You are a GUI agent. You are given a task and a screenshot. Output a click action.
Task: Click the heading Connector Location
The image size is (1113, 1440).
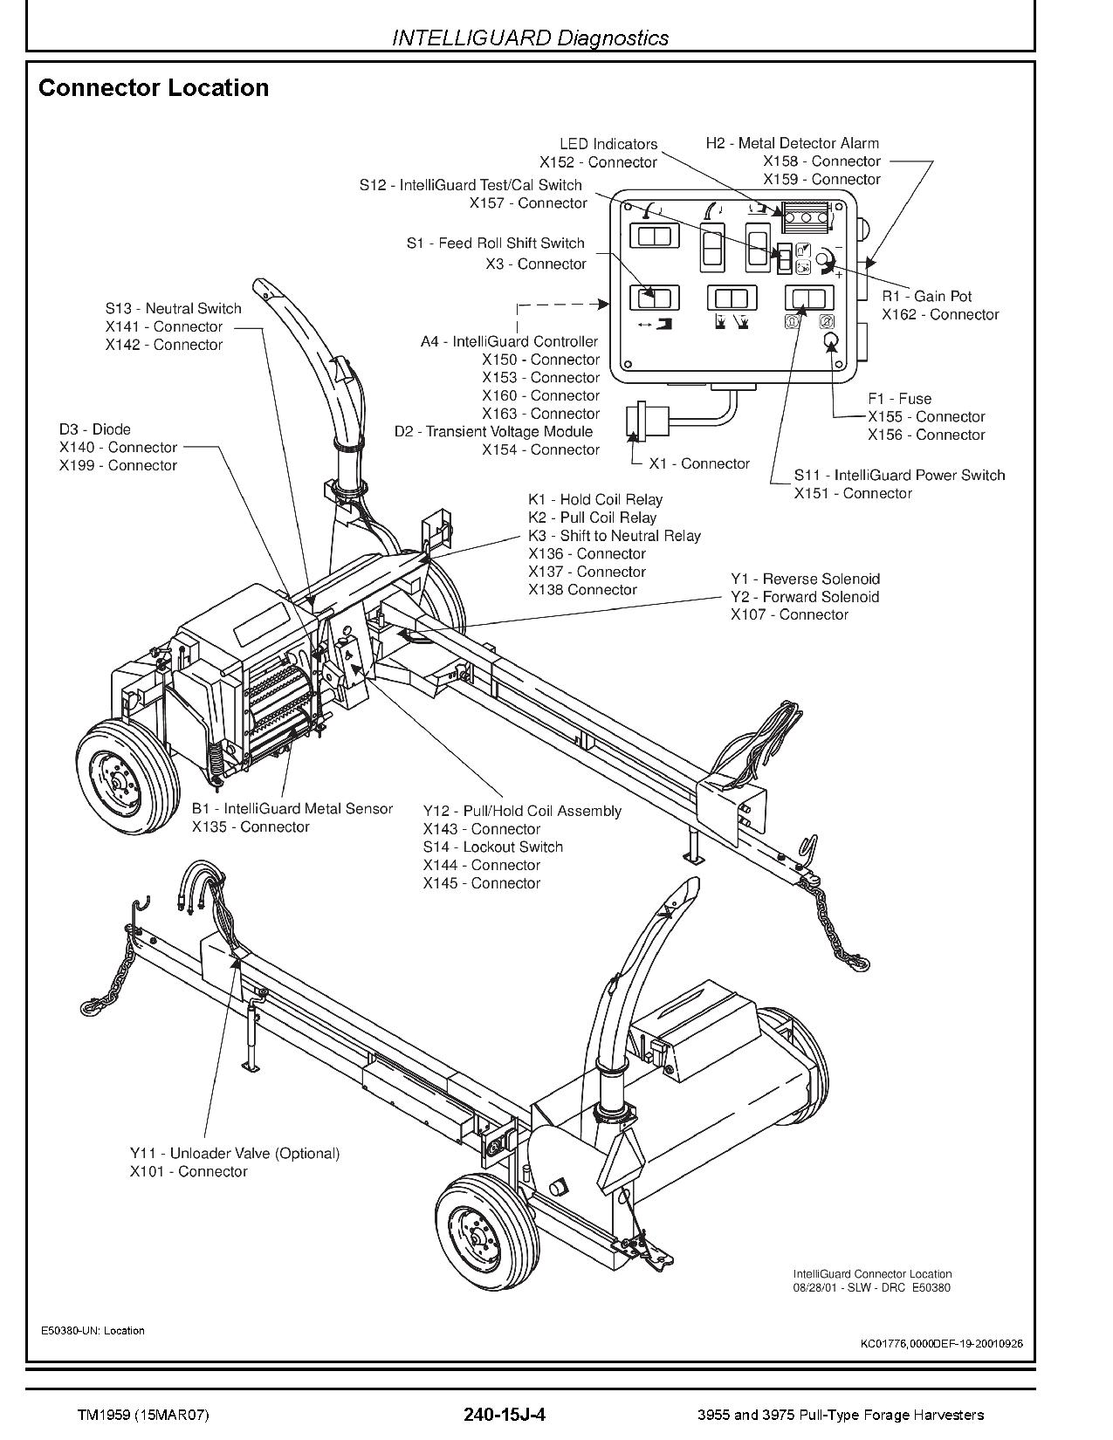click(x=154, y=88)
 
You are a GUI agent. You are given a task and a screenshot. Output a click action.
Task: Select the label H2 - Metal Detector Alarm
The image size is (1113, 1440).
click(x=792, y=143)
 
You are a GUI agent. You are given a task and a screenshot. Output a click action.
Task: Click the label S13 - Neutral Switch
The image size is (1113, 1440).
click(x=173, y=308)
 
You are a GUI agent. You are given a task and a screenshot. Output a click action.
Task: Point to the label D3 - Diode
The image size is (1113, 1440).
click(x=95, y=429)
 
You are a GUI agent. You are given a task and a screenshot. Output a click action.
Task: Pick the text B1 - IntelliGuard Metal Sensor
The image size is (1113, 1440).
click(x=292, y=809)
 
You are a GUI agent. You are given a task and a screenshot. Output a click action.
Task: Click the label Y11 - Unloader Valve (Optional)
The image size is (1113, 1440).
click(x=234, y=1153)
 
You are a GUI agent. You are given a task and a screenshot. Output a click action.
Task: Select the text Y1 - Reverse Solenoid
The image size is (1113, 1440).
click(x=805, y=579)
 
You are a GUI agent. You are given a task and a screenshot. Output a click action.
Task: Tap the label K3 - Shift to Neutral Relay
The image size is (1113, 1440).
click(x=614, y=536)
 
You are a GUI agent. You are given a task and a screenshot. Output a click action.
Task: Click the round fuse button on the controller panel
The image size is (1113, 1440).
click(x=829, y=341)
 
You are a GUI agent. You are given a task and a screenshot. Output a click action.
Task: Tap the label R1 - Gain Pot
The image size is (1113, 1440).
click(x=926, y=296)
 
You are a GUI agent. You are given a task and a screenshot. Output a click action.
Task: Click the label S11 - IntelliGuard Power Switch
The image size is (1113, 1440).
click(x=899, y=475)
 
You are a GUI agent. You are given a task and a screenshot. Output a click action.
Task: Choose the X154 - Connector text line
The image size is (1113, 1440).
click(x=540, y=449)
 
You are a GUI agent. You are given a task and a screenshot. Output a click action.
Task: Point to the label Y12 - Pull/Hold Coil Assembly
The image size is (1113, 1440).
click(x=522, y=811)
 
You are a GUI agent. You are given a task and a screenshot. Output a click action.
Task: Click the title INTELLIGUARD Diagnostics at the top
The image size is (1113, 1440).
click(x=530, y=38)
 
